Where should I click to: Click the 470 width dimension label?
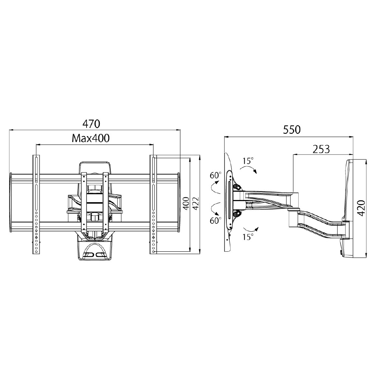[91, 124]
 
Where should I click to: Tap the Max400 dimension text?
[91, 138]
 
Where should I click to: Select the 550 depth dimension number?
[292, 130]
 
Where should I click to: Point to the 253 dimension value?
[321, 149]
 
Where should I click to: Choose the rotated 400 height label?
[186, 203]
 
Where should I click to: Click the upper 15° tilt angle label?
[248, 161]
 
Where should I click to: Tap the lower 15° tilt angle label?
[248, 237]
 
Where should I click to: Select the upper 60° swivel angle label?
[215, 175]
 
